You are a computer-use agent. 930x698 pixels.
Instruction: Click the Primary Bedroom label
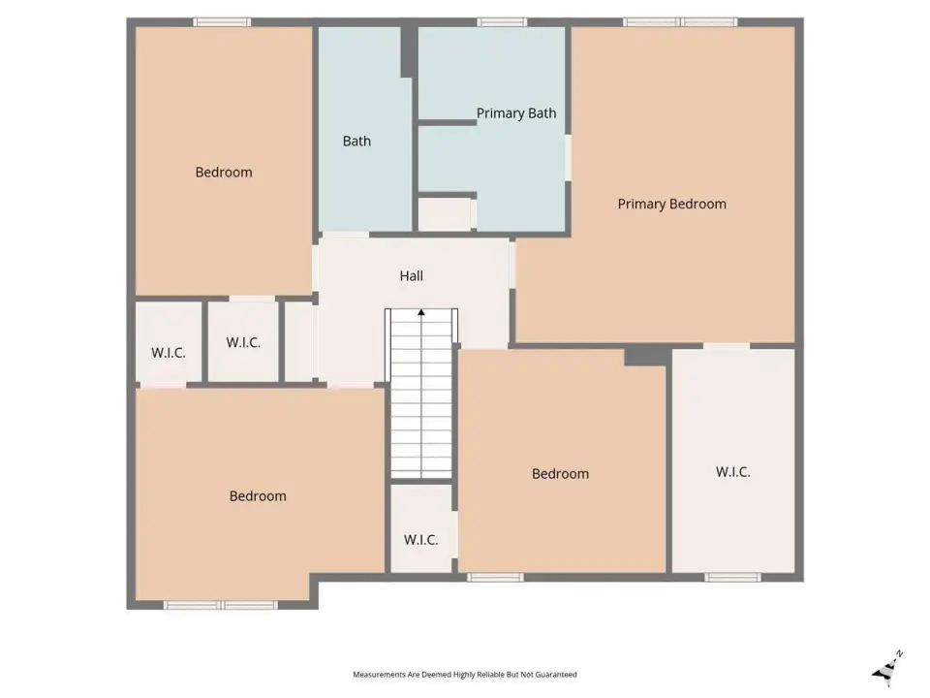671,205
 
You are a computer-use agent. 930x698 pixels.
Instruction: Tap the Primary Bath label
516,113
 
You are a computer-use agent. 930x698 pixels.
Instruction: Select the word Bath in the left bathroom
356,142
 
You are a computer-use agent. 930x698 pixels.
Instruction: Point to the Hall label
411,276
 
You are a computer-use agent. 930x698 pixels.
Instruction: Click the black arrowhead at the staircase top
421,312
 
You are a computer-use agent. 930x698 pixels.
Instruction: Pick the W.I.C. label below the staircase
420,540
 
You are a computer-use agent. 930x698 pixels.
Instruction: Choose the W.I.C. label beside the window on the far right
732,472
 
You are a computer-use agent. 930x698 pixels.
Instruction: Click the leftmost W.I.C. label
169,353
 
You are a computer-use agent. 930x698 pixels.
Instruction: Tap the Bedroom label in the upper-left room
224,173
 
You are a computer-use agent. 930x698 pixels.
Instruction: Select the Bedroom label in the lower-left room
258,496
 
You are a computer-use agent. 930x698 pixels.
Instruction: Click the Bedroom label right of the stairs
560,474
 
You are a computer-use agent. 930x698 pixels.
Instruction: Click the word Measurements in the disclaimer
380,675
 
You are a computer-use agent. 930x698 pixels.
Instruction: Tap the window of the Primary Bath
502,22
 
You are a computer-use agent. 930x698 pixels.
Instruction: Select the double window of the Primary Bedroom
680,22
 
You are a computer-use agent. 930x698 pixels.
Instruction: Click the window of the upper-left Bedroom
222,22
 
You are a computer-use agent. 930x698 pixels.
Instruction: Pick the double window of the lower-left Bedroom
221,605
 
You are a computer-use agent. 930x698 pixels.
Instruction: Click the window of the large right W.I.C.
732,577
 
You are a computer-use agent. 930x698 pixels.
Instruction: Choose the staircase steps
421,393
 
